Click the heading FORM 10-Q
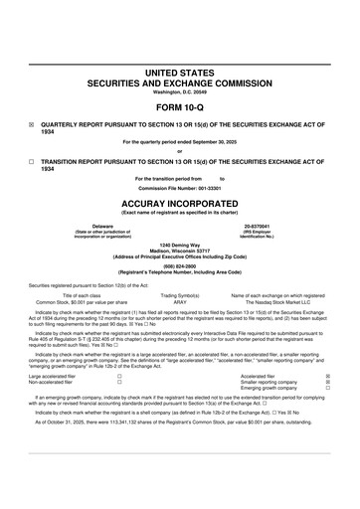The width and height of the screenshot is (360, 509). click(179, 106)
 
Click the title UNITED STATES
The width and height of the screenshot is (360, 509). click(179, 74)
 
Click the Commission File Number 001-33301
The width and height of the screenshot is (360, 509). click(180, 187)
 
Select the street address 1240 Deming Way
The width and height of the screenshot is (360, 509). click(179, 244)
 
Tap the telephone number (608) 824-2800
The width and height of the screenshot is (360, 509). click(179, 266)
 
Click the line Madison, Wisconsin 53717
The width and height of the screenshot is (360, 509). click(179, 250)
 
